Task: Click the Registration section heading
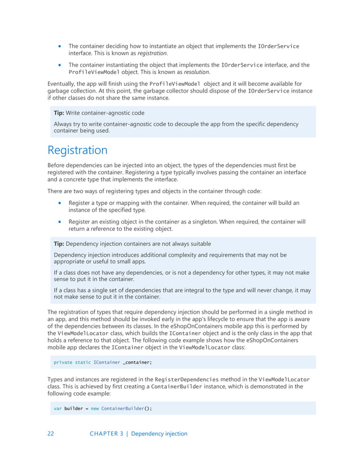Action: coord(77,150)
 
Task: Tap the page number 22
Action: coord(51,433)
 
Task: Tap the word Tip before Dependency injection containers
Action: coord(59,243)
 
